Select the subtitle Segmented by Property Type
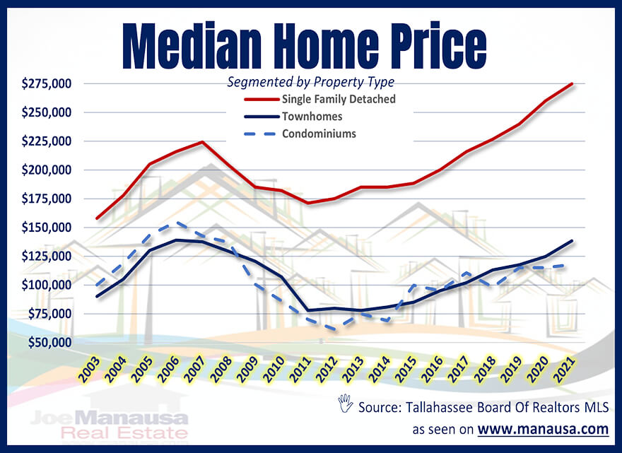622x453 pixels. coord(310,82)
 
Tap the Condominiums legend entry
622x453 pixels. coord(322,133)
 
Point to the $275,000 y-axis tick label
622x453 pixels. coord(46,84)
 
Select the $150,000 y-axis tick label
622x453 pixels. coord(46,228)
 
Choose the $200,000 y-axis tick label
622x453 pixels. coord(46,170)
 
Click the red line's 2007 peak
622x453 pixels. coord(203,142)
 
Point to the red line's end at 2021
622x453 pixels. coord(571,83)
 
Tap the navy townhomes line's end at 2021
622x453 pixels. coord(571,241)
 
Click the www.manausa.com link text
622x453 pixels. coord(543,429)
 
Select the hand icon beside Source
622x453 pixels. coord(345,405)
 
